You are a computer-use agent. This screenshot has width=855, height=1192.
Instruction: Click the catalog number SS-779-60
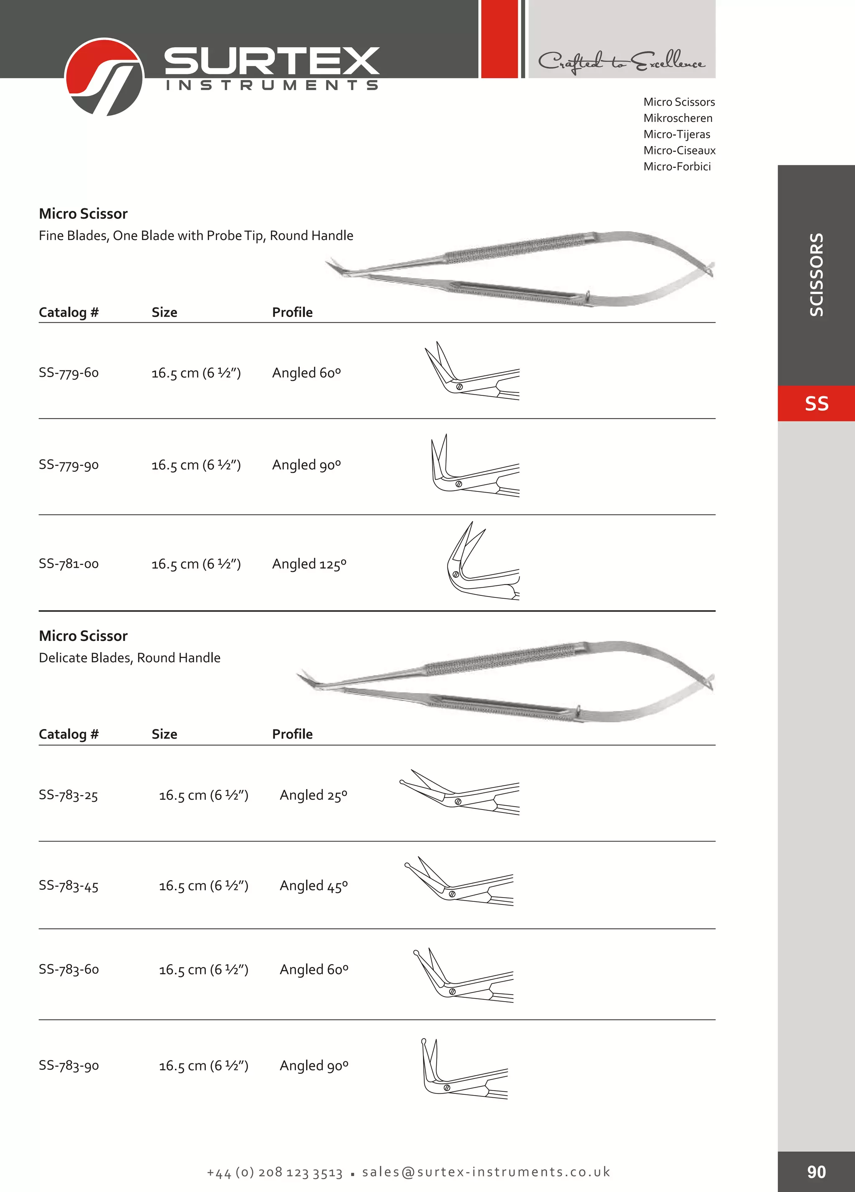(x=69, y=373)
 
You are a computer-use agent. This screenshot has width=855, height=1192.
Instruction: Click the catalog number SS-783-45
(x=69, y=886)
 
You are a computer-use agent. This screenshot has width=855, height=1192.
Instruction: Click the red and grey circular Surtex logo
(x=104, y=77)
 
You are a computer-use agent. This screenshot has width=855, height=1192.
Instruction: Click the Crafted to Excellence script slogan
(x=621, y=62)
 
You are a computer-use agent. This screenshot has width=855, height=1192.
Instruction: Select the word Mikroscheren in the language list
(x=678, y=118)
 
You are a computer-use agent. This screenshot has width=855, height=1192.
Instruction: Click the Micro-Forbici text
(x=677, y=167)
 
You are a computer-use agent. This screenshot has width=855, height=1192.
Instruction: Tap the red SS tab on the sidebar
(x=816, y=403)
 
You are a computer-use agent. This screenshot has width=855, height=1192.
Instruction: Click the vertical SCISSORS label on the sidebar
(x=816, y=274)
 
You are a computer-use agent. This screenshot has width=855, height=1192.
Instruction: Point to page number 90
(x=816, y=1172)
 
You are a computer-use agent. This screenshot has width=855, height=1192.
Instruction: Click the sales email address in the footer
(x=486, y=1172)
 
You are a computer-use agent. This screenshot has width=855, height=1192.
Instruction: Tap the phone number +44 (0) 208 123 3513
(x=275, y=1172)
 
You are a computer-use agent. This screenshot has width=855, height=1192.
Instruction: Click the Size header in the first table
(x=164, y=312)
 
